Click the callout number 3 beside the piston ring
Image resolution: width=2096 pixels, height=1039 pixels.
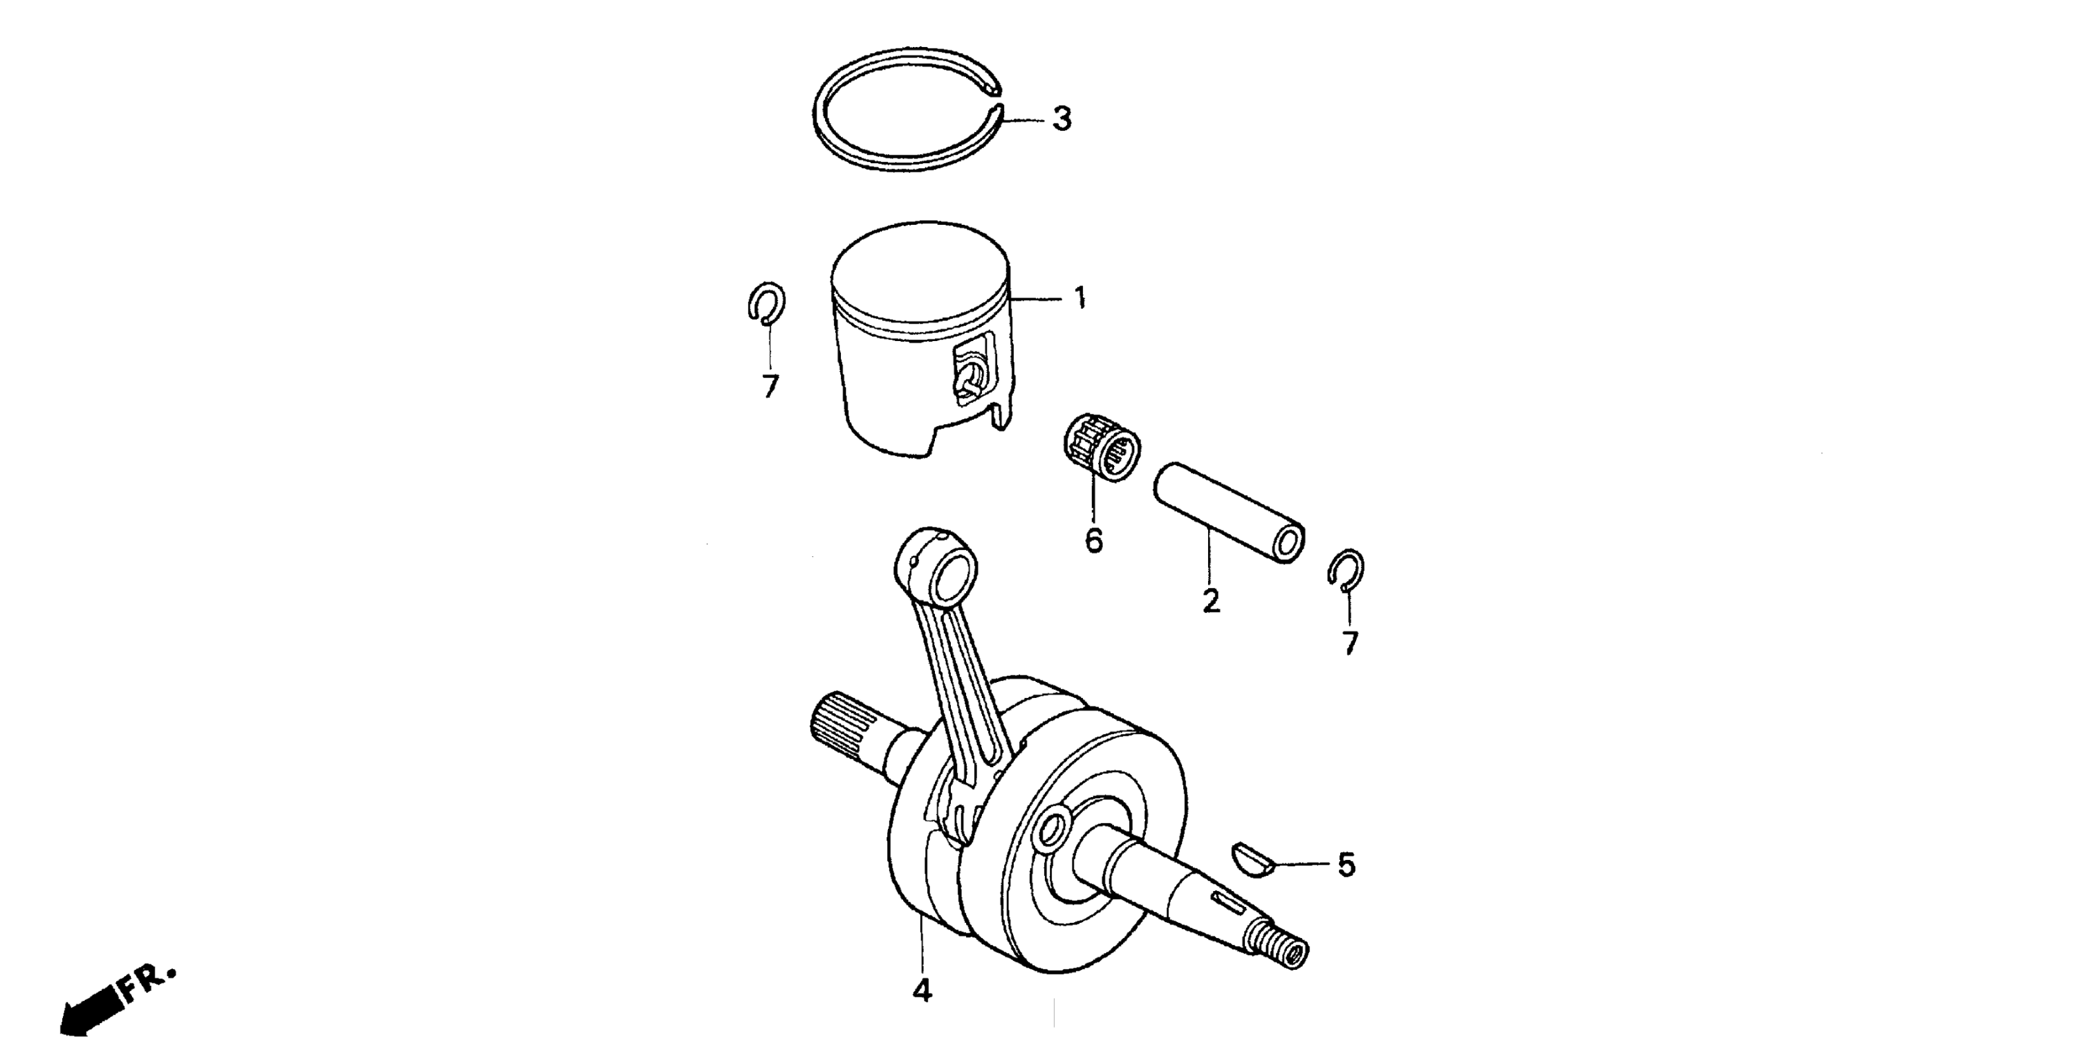pyautogui.click(x=1061, y=120)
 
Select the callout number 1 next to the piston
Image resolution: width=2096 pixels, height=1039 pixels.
pyautogui.click(x=1080, y=299)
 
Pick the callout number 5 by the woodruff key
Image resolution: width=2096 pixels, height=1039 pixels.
pyautogui.click(x=1347, y=865)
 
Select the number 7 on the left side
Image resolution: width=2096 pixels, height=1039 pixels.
pyautogui.click(x=770, y=386)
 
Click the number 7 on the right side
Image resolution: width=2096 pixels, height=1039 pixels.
pyautogui.click(x=1350, y=644)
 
